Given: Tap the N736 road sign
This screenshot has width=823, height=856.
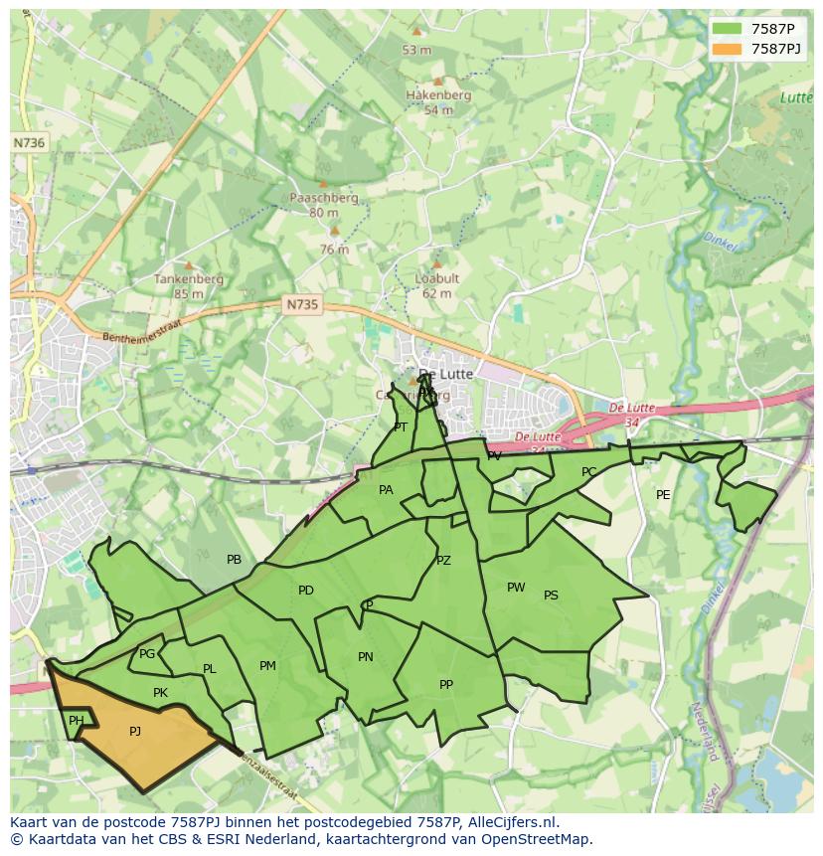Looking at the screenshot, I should pos(29,143).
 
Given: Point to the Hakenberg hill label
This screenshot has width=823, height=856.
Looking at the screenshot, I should pos(437,95).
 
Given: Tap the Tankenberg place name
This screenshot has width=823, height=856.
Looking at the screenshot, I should pos(188,279).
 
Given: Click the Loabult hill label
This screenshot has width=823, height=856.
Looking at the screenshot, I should pos(436,279).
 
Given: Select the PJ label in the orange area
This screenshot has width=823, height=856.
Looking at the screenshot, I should pos(135,732).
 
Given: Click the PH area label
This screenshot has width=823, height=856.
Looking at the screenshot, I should pos(76,721).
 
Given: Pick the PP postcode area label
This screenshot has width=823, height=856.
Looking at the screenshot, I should pos(446,685).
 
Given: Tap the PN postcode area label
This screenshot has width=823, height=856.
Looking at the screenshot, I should pos(366,657).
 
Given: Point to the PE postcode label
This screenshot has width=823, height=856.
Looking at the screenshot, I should pos(663,495).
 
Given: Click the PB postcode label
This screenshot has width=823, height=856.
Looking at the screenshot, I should pos(234,560).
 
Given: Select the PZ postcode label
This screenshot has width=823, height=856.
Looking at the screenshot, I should pos(443,561).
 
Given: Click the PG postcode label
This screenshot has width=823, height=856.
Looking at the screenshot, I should pos(147,654).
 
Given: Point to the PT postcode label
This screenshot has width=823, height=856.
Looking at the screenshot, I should pos(401,428).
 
